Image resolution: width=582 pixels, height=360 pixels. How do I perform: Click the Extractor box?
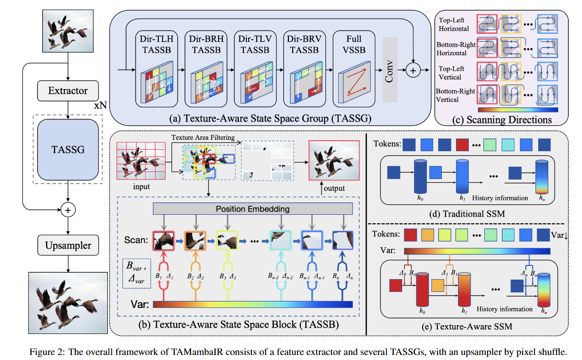(68, 90)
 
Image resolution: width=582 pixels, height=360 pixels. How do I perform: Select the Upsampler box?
(68, 245)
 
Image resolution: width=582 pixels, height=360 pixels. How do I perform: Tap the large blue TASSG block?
(68, 149)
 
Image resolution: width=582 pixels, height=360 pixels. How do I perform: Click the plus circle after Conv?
(413, 70)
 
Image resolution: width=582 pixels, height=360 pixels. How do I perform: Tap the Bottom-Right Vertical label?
(456, 95)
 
